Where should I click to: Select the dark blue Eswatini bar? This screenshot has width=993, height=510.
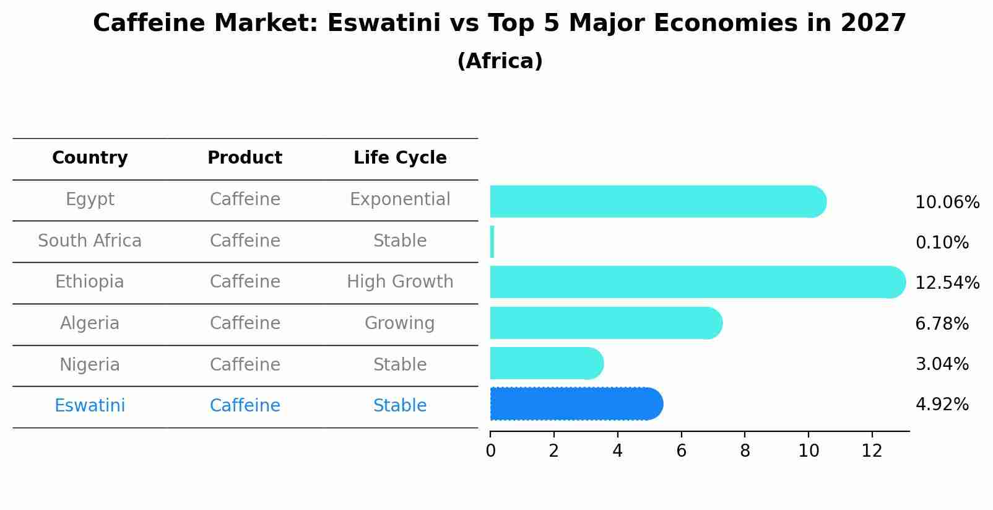click(576, 404)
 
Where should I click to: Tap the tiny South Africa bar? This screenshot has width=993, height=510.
click(492, 242)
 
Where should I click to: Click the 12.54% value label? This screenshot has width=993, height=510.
click(947, 283)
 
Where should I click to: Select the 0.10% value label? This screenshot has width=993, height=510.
click(942, 243)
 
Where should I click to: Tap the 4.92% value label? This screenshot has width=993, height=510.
click(942, 405)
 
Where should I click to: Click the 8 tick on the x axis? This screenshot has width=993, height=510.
click(745, 451)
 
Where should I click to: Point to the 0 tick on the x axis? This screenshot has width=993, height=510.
click(490, 451)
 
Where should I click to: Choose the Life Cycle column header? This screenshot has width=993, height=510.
click(400, 158)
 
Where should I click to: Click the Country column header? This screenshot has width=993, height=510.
click(90, 158)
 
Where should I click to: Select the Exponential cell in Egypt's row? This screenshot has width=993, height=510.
click(400, 200)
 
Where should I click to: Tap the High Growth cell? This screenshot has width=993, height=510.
click(400, 282)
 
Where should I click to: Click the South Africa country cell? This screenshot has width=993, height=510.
click(90, 241)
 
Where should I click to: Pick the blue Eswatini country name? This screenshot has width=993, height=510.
click(90, 406)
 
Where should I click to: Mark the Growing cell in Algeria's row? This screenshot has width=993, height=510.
click(400, 323)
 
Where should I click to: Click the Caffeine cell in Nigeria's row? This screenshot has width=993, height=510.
click(245, 365)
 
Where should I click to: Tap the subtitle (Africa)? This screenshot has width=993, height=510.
click(500, 61)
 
